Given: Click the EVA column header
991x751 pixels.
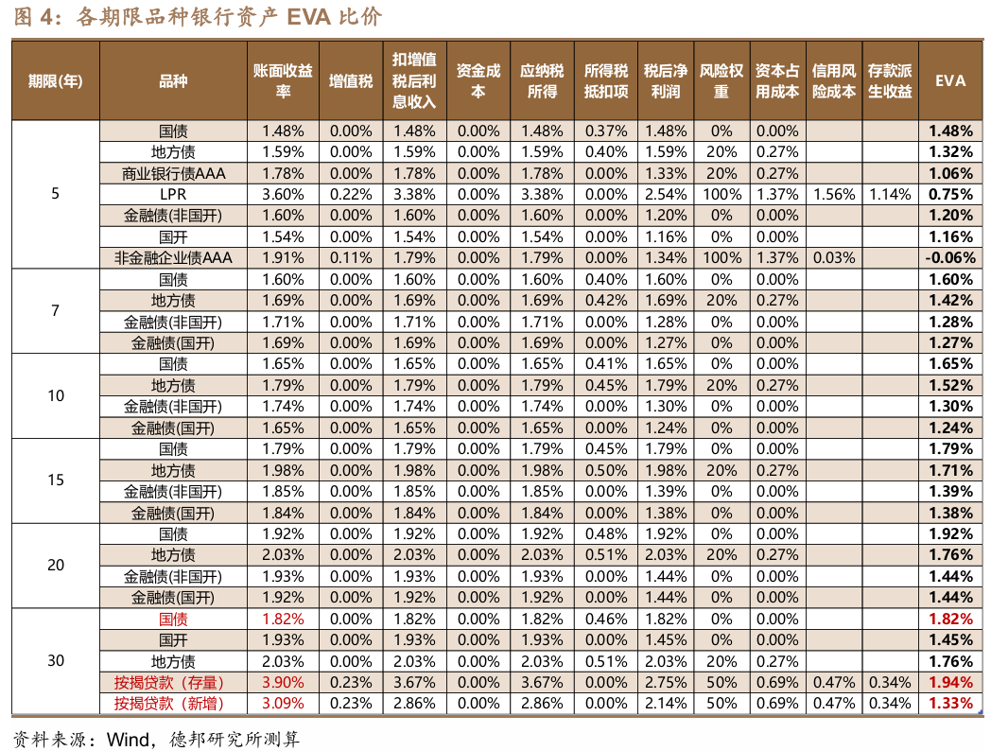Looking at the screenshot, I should pos(950,80).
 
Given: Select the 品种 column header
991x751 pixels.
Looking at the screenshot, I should pos(173,80).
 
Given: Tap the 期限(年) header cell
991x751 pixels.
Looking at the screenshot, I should pos(56,80).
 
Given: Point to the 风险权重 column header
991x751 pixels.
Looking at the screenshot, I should pos(722,80).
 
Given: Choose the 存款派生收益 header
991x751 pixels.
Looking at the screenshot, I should pos(889,80).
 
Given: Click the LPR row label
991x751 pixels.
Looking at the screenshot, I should pos(173,195).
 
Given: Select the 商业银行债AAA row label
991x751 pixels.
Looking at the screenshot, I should pos(173,173).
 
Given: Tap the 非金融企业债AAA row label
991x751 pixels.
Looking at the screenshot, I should pos(173,257).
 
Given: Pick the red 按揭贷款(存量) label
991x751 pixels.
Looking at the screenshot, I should pos(173,683).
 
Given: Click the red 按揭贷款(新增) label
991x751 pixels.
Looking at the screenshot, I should pos(173,704).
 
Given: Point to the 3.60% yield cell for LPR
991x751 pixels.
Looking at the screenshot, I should pos(283,195).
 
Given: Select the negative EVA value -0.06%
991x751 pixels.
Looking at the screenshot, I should pos(950,257).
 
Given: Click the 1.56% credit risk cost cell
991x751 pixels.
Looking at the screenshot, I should pos(833,195).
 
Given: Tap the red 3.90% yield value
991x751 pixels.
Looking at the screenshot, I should pos(283,683).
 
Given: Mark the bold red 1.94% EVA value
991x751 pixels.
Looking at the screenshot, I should pos(950,683).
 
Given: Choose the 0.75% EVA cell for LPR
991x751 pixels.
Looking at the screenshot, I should pos(950,195).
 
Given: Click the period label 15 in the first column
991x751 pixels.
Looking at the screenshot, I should pos(56,480).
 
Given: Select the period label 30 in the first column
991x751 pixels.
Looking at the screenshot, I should pos(56,661).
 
